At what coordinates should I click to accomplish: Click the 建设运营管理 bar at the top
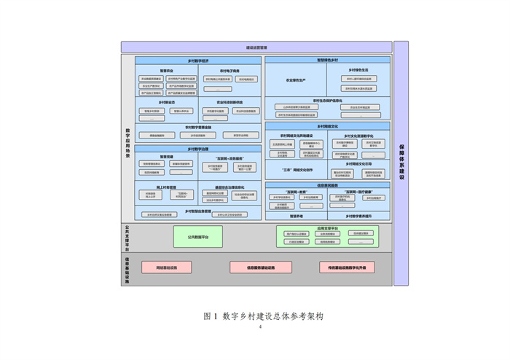[x=256, y=47]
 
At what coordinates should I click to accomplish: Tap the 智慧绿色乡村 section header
[x=327, y=60]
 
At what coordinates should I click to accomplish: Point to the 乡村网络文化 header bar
[x=327, y=126]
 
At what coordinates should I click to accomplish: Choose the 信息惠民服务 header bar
[x=327, y=185]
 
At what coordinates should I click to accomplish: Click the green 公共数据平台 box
[x=198, y=237]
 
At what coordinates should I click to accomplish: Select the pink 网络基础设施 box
[x=166, y=267]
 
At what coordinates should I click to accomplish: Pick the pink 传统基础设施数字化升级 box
[x=352, y=267]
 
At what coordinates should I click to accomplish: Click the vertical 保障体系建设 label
[x=401, y=163]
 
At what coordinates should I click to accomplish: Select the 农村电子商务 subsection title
[x=229, y=71]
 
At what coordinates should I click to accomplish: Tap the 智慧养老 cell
[x=296, y=216]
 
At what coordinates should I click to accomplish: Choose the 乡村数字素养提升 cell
[x=358, y=216]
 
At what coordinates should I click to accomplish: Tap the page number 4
[x=259, y=327]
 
